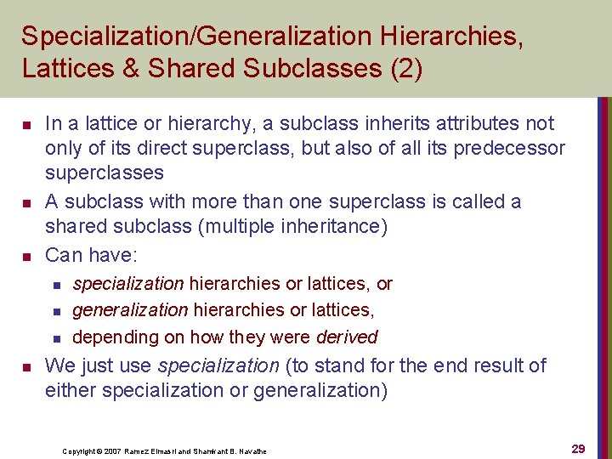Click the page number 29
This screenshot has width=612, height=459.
[578, 449]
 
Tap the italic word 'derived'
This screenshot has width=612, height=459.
[346, 337]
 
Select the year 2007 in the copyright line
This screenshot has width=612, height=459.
[116, 451]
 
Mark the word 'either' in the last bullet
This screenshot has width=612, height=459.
[71, 390]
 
